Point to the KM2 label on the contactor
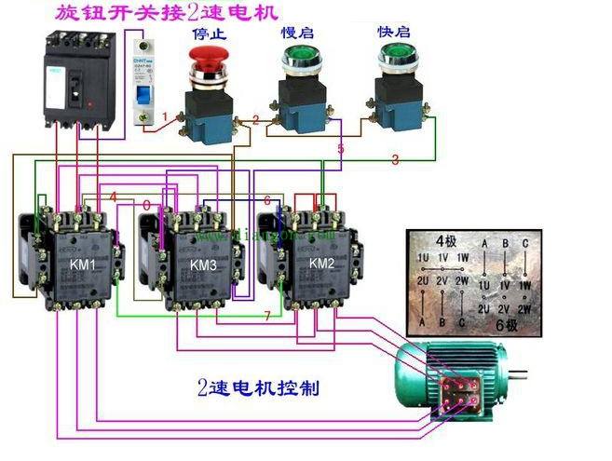(x=321, y=264)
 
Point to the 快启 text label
(x=392, y=31)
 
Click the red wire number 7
(x=267, y=317)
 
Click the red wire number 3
(x=395, y=160)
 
